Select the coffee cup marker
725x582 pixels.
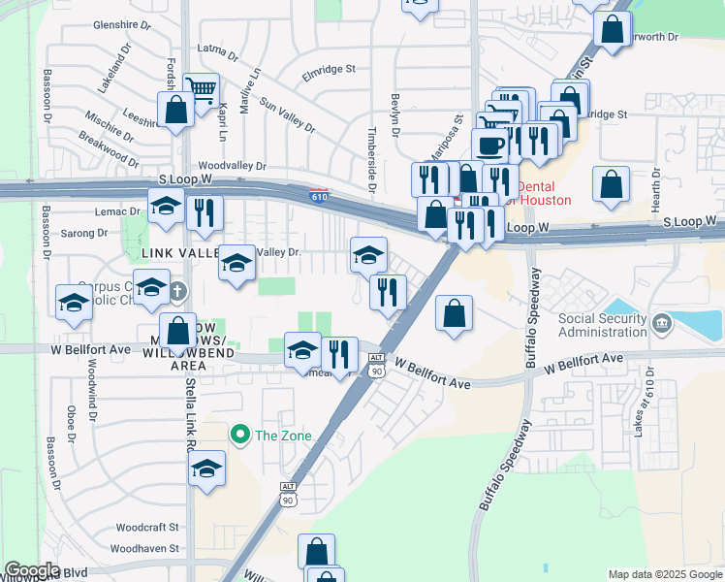coord(490,145)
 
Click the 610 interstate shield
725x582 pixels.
coord(319,196)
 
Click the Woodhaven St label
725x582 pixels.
coord(144,548)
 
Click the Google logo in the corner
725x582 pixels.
coord(32,570)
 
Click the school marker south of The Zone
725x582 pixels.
coord(205,469)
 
